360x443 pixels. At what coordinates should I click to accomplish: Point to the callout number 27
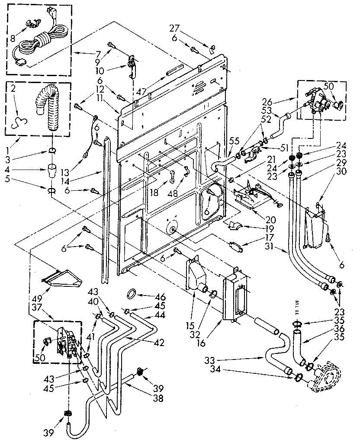click(x=174, y=29)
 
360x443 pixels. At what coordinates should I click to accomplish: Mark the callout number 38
click(x=158, y=398)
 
